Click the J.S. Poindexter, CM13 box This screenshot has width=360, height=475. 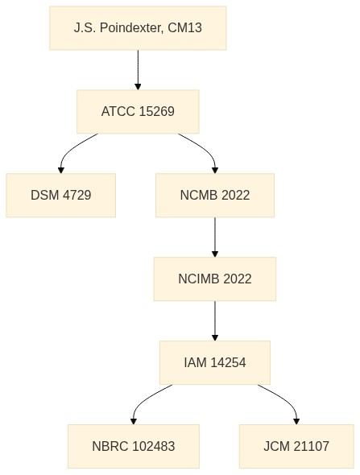(x=138, y=28)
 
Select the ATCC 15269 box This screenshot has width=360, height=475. (x=138, y=111)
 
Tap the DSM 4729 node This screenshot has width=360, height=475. (x=61, y=195)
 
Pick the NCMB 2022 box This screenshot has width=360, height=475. (x=215, y=195)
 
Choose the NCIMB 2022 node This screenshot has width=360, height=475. (x=215, y=279)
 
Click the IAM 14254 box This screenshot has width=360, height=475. (x=215, y=362)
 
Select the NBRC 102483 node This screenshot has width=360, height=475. (x=134, y=446)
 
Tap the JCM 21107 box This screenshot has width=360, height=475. (x=296, y=446)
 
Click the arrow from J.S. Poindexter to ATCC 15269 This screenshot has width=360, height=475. (x=138, y=70)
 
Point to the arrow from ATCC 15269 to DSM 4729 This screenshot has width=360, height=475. (x=70, y=148)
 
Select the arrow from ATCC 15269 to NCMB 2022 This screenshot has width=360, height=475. (x=205, y=148)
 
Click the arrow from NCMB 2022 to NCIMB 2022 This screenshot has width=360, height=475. (x=215, y=237)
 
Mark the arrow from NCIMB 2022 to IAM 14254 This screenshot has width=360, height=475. (x=215, y=320)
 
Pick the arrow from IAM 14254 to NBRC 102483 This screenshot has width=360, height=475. (x=143, y=399)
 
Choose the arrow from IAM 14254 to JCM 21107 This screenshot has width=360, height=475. (x=286, y=399)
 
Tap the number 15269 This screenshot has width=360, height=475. (x=157, y=111)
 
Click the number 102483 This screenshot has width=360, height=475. (x=154, y=446)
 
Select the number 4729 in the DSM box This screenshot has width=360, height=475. (x=77, y=195)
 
